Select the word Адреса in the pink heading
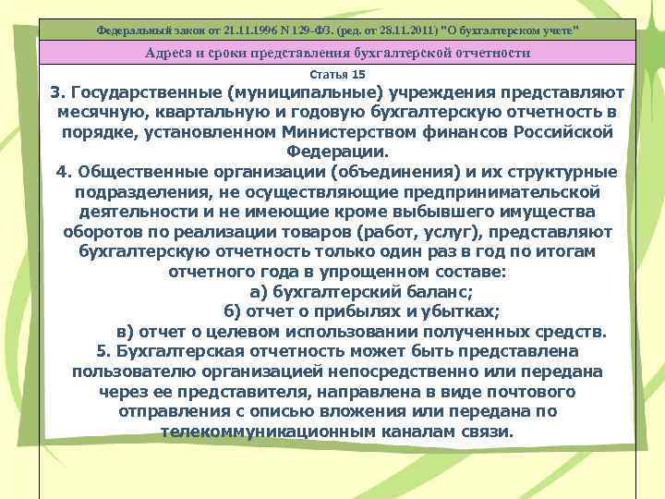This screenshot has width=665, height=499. click(x=171, y=53)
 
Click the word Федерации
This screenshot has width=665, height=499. click(x=337, y=152)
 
